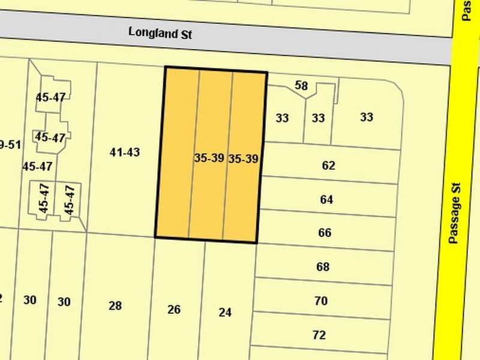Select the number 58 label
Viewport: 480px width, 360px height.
(x=301, y=86)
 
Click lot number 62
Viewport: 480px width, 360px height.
(x=328, y=166)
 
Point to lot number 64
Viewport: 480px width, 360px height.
(x=326, y=199)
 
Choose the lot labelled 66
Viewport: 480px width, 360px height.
(x=325, y=233)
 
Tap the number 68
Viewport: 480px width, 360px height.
(x=323, y=266)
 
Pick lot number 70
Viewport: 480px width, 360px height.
(x=321, y=301)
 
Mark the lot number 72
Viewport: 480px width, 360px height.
(x=319, y=335)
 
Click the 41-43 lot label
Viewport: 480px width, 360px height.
(x=125, y=152)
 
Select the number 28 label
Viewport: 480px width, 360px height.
(x=115, y=306)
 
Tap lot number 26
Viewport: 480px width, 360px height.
(x=174, y=310)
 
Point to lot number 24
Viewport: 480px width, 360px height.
(x=225, y=312)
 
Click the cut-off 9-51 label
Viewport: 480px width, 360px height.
(x=10, y=145)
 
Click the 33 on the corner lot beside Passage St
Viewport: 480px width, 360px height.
(x=367, y=117)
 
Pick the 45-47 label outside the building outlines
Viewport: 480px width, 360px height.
(x=37, y=166)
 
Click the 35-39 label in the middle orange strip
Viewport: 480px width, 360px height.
(x=209, y=158)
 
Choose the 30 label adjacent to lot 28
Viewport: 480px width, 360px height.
(x=64, y=301)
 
